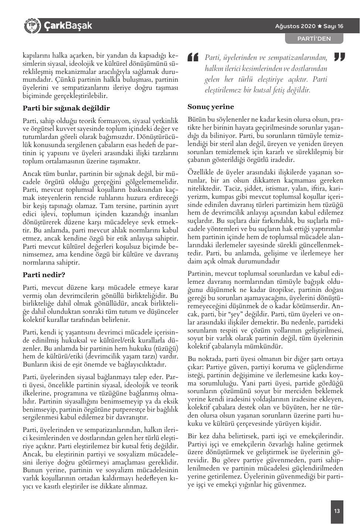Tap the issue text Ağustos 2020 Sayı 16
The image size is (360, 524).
tap(309, 26)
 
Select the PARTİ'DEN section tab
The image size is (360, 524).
tap(314, 38)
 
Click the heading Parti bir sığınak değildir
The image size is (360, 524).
tap(66, 109)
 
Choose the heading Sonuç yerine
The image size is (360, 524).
tap(210, 107)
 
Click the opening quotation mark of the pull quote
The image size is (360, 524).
tap(193, 57)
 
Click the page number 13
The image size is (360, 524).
tap(337, 511)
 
